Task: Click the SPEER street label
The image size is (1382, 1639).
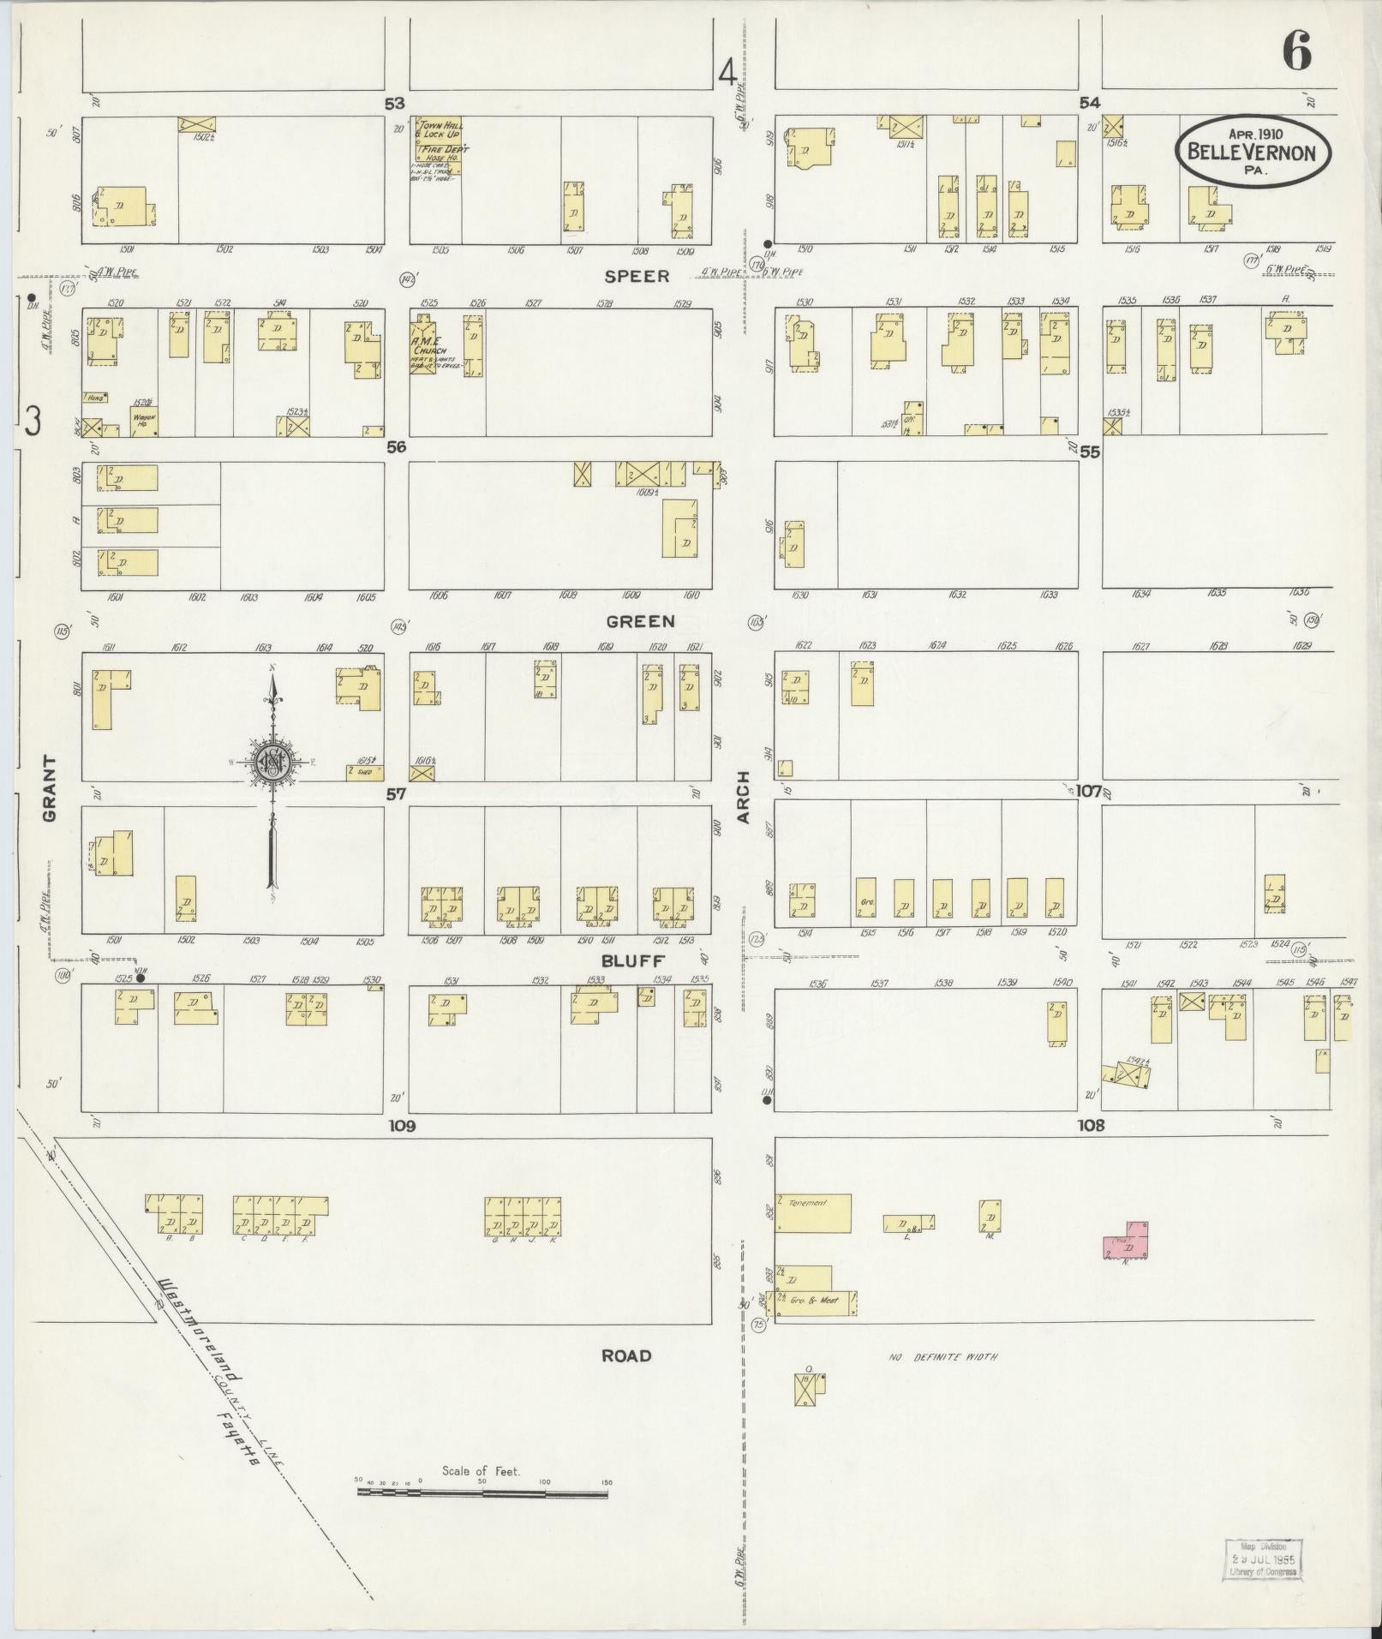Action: click(x=637, y=277)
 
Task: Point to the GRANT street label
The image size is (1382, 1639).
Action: click(x=49, y=788)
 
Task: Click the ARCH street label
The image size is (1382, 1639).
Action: click(x=743, y=797)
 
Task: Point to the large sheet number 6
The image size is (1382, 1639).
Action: click(x=1296, y=53)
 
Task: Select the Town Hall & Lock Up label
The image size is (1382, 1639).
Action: click(x=439, y=130)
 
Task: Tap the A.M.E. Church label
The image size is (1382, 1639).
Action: click(x=427, y=351)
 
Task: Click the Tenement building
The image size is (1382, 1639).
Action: click(x=813, y=1212)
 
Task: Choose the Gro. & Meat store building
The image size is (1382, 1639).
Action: click(x=816, y=1302)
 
